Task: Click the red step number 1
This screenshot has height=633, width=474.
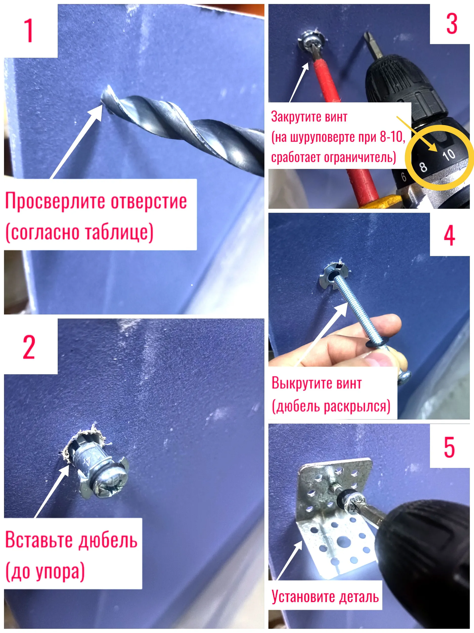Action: [x=29, y=30]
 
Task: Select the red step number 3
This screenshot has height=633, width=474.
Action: [x=452, y=24]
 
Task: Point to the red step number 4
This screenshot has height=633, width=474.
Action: [x=449, y=235]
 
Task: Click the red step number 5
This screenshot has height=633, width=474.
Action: [x=449, y=447]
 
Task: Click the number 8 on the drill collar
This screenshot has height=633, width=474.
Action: [x=423, y=167]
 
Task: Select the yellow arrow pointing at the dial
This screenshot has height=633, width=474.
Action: [x=416, y=134]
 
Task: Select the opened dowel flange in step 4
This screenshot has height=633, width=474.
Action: [x=333, y=276]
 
